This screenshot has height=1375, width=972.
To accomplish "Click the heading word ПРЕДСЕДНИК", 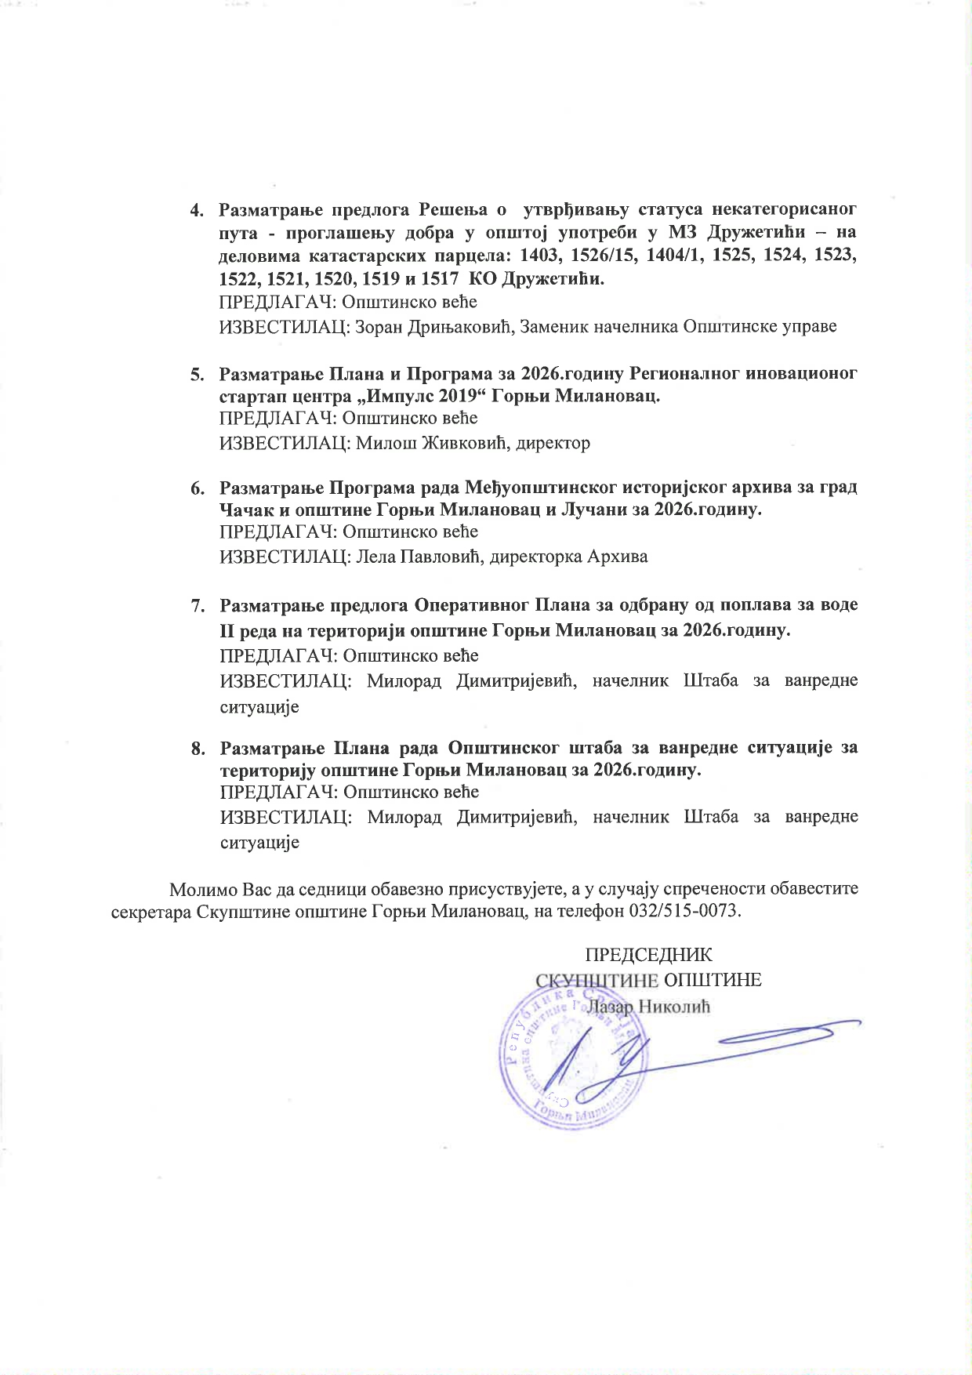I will pyautogui.click(x=648, y=956).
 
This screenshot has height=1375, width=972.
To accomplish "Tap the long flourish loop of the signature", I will pyautogui.click(x=784, y=1034).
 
